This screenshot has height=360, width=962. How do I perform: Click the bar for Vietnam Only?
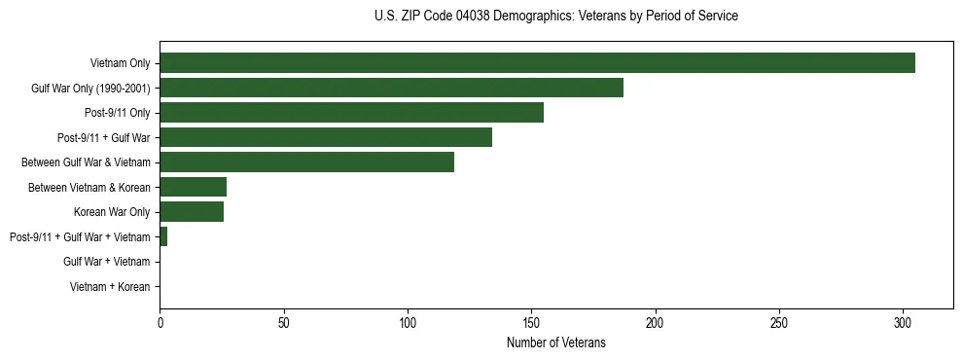pyautogui.click(x=537, y=63)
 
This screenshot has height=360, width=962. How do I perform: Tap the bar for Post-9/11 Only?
pyautogui.click(x=351, y=113)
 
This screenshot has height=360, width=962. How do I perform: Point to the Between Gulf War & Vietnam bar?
pyautogui.click(x=306, y=162)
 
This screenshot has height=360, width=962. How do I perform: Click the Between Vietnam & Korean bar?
pyautogui.click(x=193, y=187)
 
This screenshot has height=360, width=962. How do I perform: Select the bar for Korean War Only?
pyautogui.click(x=192, y=211)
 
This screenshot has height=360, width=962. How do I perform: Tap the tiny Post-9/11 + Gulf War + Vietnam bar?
pyautogui.click(x=163, y=236)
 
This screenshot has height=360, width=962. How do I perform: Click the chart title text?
pyautogui.click(x=555, y=17)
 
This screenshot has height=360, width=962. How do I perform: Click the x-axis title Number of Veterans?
pyautogui.click(x=555, y=342)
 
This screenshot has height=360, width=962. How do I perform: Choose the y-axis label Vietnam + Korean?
pyautogui.click(x=110, y=286)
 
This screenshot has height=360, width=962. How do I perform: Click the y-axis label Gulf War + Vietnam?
pyautogui.click(x=106, y=262)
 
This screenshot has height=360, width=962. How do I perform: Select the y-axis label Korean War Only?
pyautogui.click(x=112, y=212)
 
